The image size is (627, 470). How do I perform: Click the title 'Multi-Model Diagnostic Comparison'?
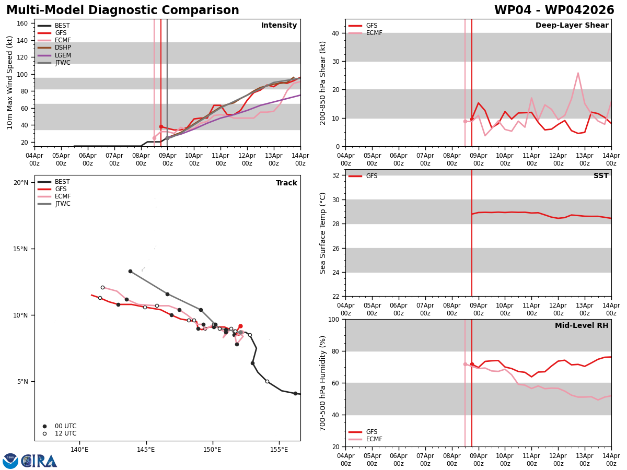(x=123, y=10)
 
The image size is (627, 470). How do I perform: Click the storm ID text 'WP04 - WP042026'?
(x=554, y=10)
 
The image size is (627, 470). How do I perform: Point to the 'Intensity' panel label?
(x=279, y=26)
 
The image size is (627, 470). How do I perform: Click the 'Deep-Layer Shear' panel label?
(x=572, y=26)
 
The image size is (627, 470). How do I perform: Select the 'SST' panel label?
(x=601, y=176)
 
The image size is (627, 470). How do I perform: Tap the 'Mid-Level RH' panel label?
(x=582, y=326)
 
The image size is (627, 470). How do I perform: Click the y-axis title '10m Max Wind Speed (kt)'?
(x=10, y=83)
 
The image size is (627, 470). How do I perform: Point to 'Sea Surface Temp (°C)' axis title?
(x=323, y=233)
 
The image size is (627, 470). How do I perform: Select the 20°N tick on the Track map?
(x=21, y=183)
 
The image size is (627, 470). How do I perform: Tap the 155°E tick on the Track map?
(x=279, y=450)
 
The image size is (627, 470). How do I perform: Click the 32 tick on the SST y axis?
(x=336, y=175)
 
